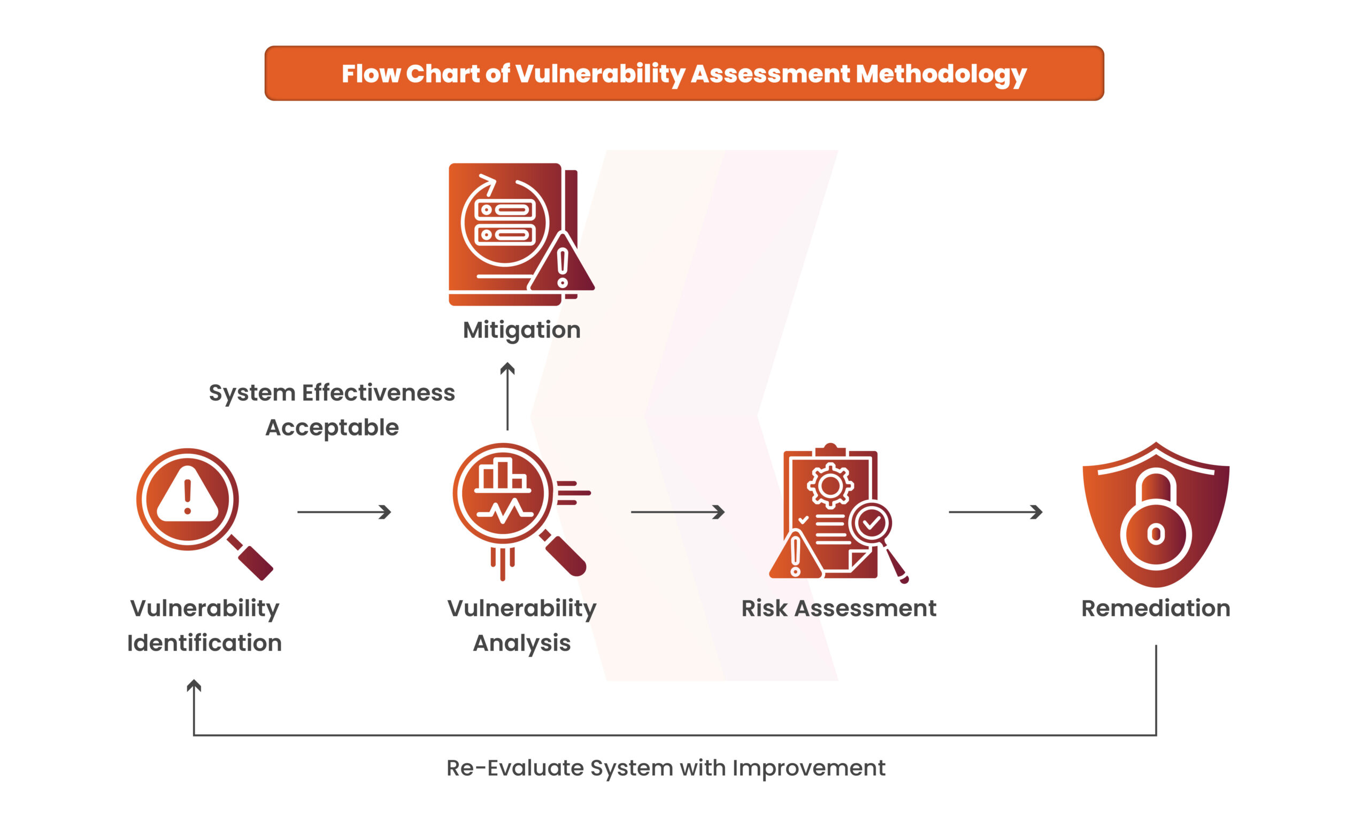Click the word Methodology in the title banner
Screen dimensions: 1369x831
[x=941, y=74]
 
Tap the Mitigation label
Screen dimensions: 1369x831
[x=522, y=330]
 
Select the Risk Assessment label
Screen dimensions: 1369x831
[x=839, y=608]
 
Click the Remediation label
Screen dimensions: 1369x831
[x=1156, y=608]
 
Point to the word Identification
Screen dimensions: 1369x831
[x=204, y=643]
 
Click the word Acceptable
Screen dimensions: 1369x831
[x=332, y=428]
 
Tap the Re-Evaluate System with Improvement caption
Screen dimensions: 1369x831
[x=666, y=768]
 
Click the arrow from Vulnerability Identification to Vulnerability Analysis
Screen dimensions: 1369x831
[x=344, y=512]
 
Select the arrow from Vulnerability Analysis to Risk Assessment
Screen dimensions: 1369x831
[x=678, y=512]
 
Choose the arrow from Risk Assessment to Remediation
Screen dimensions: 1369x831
[x=995, y=512]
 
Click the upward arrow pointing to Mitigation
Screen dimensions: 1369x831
[x=507, y=397]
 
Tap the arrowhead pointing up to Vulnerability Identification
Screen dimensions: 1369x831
[x=194, y=686]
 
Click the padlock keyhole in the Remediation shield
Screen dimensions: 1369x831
[x=1156, y=534]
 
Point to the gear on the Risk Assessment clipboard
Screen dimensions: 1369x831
[x=830, y=486]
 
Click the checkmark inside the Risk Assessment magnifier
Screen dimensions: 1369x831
[x=871, y=522]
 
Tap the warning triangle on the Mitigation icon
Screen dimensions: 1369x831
[x=562, y=262]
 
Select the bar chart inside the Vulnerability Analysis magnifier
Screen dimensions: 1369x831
[x=502, y=476]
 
